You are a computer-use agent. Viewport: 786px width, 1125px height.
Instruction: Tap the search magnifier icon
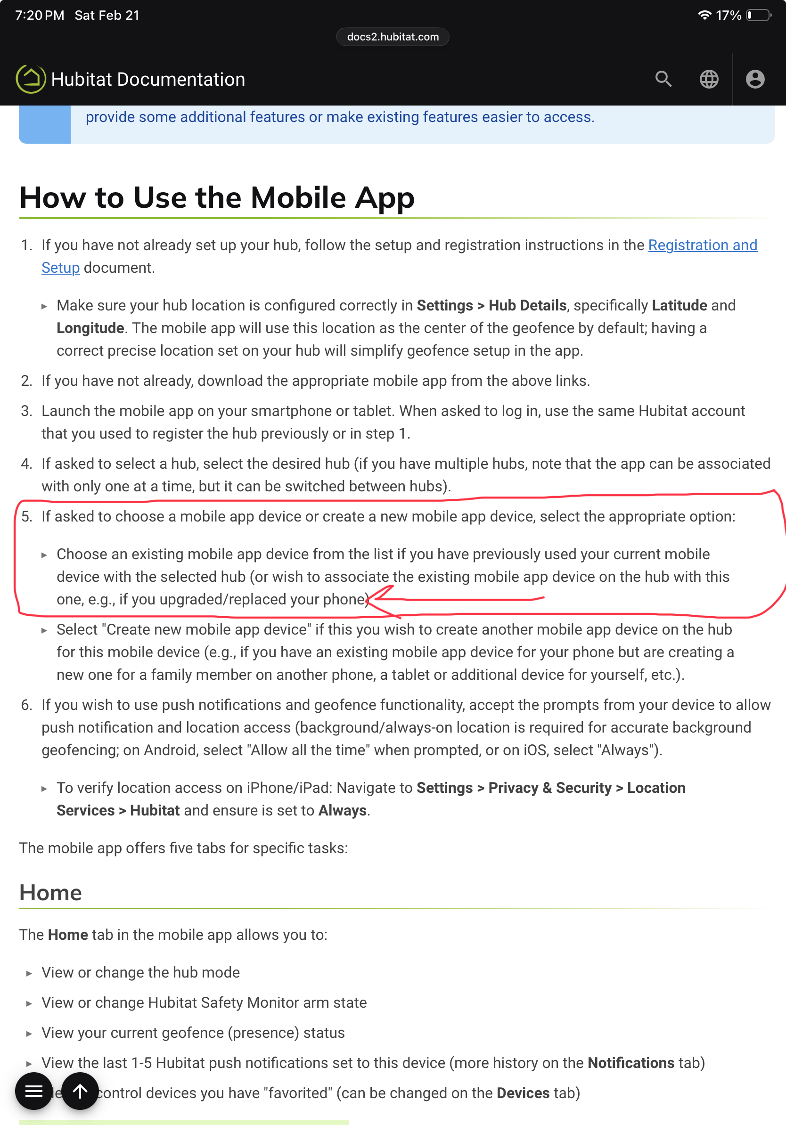pyautogui.click(x=663, y=79)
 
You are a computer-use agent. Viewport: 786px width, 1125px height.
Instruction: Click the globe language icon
pyautogui.click(x=709, y=79)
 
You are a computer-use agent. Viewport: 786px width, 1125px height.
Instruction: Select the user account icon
pyautogui.click(x=754, y=79)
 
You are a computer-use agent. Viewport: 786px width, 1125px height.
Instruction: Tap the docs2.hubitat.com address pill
pyautogui.click(x=393, y=37)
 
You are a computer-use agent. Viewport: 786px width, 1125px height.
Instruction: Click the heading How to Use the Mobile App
pyautogui.click(x=217, y=198)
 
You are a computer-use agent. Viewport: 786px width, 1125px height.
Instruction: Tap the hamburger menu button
pyautogui.click(x=33, y=1091)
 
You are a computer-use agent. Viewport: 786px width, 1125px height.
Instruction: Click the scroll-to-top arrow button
pyautogui.click(x=80, y=1091)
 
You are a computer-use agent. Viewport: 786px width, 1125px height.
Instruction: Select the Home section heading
pyautogui.click(x=50, y=892)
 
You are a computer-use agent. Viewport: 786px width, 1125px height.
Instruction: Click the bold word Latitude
pyautogui.click(x=679, y=305)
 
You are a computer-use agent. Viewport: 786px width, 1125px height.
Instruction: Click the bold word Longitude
pyautogui.click(x=90, y=328)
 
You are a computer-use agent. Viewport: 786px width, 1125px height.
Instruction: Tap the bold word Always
pyautogui.click(x=342, y=810)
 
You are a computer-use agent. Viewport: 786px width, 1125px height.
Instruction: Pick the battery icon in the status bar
pyautogui.click(x=758, y=15)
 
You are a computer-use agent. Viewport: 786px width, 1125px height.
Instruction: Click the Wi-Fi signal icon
pyautogui.click(x=704, y=15)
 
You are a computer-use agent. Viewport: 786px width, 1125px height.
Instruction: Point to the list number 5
pyautogui.click(x=26, y=516)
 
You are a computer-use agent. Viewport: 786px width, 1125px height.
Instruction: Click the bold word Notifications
pyautogui.click(x=630, y=1063)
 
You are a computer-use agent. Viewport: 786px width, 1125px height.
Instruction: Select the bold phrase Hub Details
pyautogui.click(x=527, y=305)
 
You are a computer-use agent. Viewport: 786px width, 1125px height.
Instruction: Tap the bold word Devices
pyautogui.click(x=523, y=1093)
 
